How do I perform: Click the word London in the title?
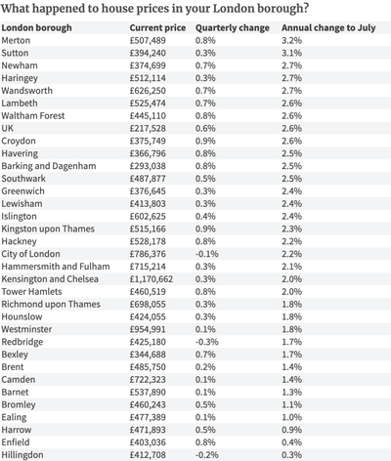coord(234,8)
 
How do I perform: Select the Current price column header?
coord(157,28)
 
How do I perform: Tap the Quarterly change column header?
coord(233,28)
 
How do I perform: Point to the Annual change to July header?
coord(328,28)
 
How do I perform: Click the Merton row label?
coord(16,40)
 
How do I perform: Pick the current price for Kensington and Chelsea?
coord(152,279)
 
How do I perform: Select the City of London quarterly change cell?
coord(207,254)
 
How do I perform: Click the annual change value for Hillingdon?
coord(291,455)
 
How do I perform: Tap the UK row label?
coord(8,128)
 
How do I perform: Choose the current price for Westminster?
coord(148,329)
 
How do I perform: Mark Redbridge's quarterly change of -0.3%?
coord(207,342)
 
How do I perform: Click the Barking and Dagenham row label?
coord(49,166)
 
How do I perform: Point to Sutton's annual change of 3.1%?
coord(291,53)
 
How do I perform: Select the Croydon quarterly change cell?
coord(205,141)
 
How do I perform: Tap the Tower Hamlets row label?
coord(31,292)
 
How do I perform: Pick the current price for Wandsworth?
coord(148,91)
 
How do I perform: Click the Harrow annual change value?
coord(291,430)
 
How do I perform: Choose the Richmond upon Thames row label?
coord(51,305)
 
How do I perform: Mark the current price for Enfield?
coord(148,442)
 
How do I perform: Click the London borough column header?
coord(36,28)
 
